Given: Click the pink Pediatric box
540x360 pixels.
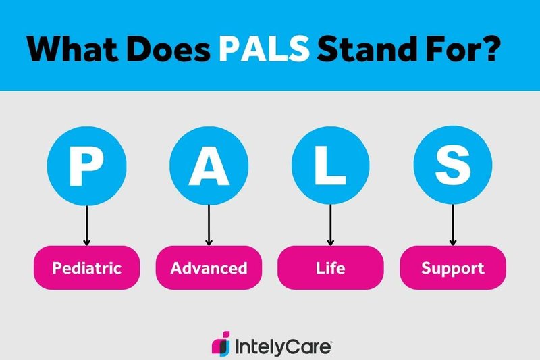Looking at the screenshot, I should tap(86, 267).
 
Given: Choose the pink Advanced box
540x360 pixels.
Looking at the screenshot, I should tap(209, 267).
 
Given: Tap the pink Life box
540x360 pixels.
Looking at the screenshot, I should tap(331, 267).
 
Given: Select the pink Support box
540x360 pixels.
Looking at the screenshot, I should tap(453, 267).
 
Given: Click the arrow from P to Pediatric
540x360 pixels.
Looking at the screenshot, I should tap(86, 226).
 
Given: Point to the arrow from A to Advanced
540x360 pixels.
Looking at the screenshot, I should tap(209, 226).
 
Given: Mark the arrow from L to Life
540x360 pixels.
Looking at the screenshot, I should tap(331, 226).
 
